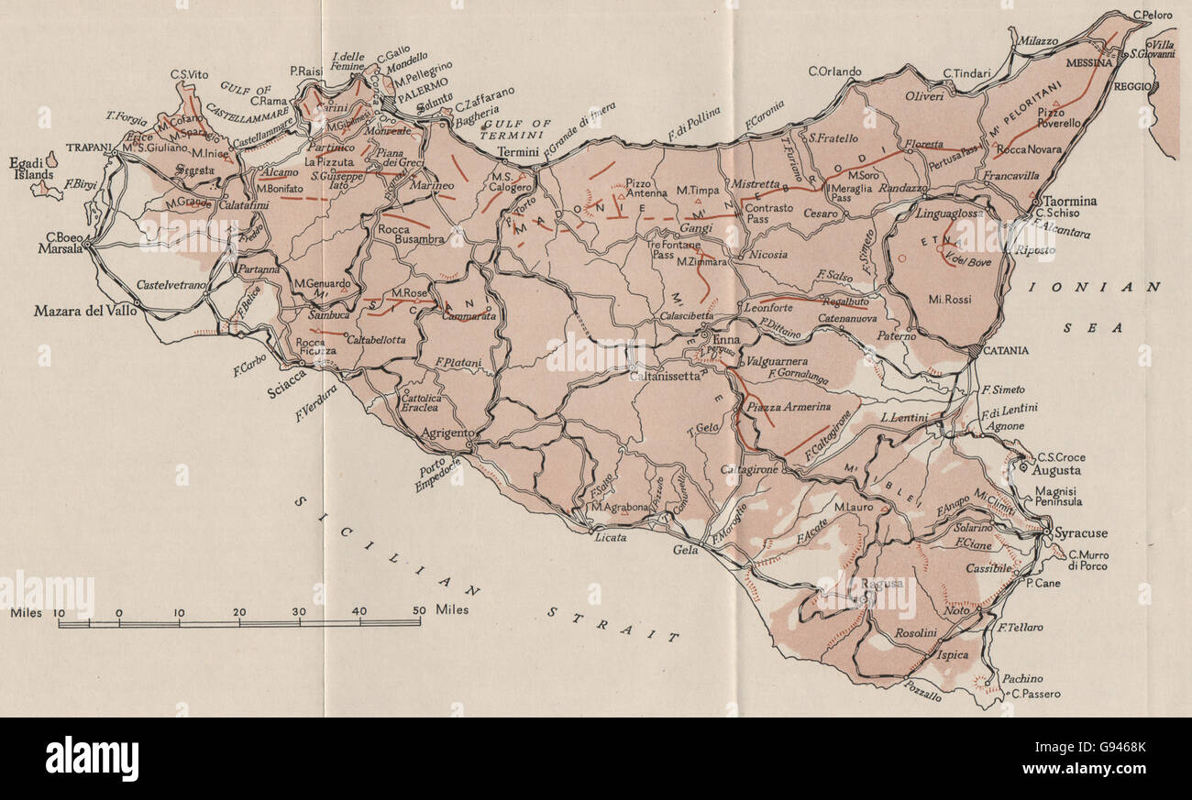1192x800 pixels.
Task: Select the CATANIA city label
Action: pyautogui.click(x=1002, y=350)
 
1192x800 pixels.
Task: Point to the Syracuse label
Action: pyautogui.click(x=1081, y=533)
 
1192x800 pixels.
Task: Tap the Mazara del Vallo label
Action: pyautogui.click(x=85, y=311)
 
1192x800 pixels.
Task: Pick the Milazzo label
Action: pyautogui.click(x=1036, y=42)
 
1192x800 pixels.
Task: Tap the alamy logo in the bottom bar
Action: pyautogui.click(x=92, y=759)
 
